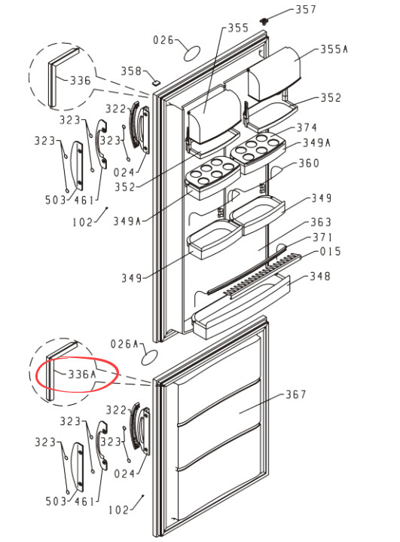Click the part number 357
tap(306, 9)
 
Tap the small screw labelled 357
tap(264, 22)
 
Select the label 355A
tap(334, 50)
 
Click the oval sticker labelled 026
tap(192, 53)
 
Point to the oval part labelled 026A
tap(150, 357)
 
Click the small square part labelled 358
tap(157, 83)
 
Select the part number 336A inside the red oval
tap(82, 374)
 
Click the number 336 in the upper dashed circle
tap(81, 81)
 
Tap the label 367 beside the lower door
tap(296, 394)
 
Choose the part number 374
tap(307, 128)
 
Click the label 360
tap(309, 163)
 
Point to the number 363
tap(321, 222)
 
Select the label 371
tap(322, 237)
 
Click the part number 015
tap(330, 251)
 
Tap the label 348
tap(320, 276)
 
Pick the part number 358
tap(131, 71)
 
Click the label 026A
tap(124, 344)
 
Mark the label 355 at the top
tap(238, 28)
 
